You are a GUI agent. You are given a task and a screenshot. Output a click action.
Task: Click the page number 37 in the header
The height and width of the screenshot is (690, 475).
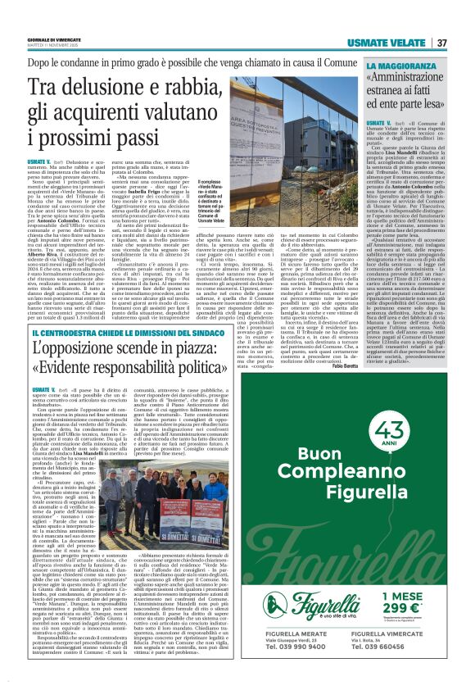(441, 43)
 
